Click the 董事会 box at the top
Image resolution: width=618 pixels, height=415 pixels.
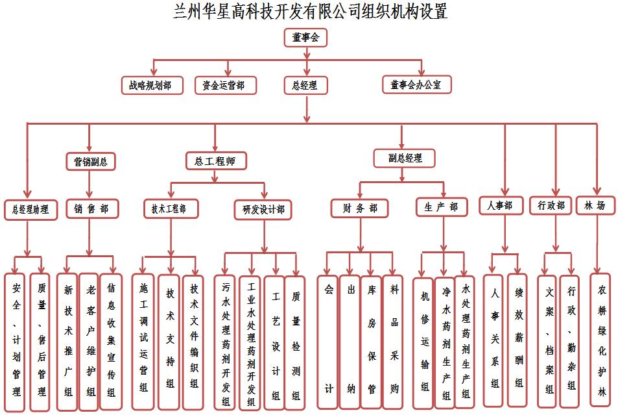click(305, 38)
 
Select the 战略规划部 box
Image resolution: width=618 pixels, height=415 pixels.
click(150, 84)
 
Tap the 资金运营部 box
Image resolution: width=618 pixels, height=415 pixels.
click(225, 84)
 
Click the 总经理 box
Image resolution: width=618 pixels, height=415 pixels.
click(305, 84)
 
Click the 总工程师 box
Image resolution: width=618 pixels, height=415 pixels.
click(215, 160)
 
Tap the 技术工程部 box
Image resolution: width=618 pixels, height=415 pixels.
click(171, 208)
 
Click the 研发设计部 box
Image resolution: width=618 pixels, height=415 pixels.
click(263, 209)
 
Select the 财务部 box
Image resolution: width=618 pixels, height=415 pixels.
click(359, 208)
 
